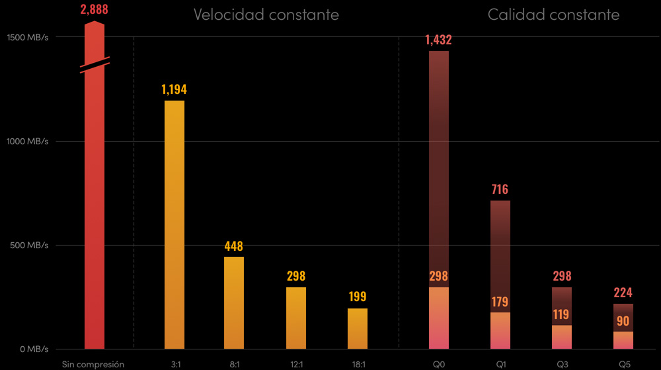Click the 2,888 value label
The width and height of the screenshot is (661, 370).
[94, 9]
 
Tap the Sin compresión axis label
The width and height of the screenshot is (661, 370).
[93, 364]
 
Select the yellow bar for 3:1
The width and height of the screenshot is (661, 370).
[175, 225]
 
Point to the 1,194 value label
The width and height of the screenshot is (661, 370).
[175, 89]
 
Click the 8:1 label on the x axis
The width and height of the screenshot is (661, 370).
[234, 364]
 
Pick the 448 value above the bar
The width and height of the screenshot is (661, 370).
[234, 246]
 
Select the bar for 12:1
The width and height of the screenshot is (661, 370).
[296, 318]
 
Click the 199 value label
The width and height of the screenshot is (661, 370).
[358, 297]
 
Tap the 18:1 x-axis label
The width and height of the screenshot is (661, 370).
[358, 364]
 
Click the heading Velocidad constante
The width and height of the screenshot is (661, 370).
[266, 15]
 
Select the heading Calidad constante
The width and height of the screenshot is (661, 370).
[553, 15]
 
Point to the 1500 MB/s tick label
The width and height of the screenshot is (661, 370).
[28, 36]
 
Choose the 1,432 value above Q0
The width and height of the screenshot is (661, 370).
[439, 40]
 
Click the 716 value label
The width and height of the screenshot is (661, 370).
[500, 190]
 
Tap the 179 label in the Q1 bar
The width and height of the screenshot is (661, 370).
[500, 302]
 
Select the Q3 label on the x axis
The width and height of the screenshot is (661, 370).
[561, 364]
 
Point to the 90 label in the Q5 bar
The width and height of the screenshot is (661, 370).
[623, 321]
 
